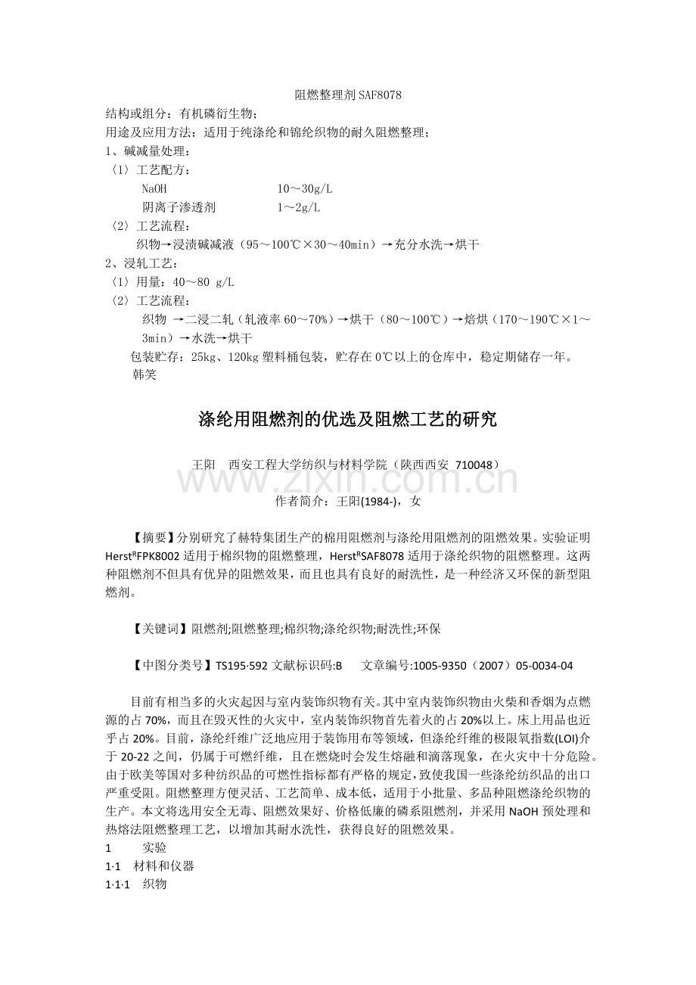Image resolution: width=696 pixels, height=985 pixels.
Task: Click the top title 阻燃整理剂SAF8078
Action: pyautogui.click(x=347, y=95)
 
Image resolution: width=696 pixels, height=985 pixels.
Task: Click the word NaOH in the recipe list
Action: pyautogui.click(x=154, y=188)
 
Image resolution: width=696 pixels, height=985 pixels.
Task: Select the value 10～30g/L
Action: pyautogui.click(x=304, y=188)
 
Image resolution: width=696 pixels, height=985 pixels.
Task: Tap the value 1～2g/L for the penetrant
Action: pyautogui.click(x=298, y=207)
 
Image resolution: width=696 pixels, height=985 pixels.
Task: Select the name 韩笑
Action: pyautogui.click(x=144, y=374)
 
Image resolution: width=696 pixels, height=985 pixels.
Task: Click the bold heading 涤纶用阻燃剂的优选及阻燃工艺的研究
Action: pyautogui.click(x=347, y=419)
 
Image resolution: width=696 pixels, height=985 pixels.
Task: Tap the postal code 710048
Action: pyautogui.click(x=476, y=464)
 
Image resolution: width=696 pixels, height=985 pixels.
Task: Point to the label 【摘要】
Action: pyautogui.click(x=154, y=537)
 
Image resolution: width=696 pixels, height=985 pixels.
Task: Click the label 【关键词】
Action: pyautogui.click(x=160, y=629)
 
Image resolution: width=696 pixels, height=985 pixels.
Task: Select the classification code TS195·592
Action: pyautogui.click(x=241, y=666)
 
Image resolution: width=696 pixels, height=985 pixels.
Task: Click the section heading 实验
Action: pyautogui.click(x=154, y=848)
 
